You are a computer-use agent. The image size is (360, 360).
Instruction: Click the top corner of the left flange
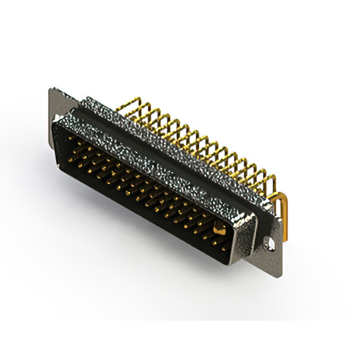tap(52, 90)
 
